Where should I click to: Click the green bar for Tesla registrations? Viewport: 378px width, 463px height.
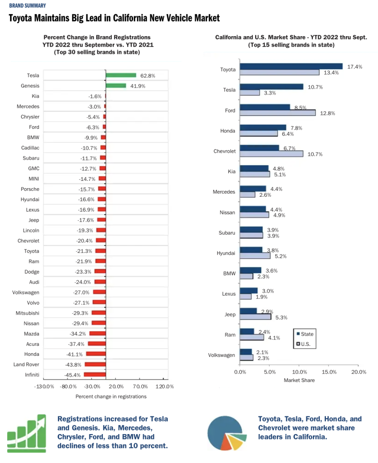pyautogui.click(x=121, y=76)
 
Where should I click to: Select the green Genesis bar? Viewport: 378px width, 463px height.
pyautogui.click(x=116, y=85)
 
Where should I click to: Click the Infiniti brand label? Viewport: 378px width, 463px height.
pyautogui.click(x=32, y=375)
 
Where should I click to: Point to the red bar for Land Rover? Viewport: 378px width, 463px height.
pyautogui.click(x=95, y=364)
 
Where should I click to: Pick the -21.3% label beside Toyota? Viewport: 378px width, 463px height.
pyautogui.click(x=84, y=251)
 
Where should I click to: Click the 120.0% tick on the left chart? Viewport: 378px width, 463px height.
pyautogui.click(x=165, y=387)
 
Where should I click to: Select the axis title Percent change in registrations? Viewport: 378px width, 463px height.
pyautogui.click(x=111, y=397)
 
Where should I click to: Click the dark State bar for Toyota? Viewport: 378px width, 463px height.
pyautogui.click(x=291, y=66)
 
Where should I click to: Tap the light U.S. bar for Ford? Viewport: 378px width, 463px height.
pyautogui.click(x=278, y=113)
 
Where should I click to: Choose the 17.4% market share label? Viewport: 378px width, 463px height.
pyautogui.click(x=354, y=66)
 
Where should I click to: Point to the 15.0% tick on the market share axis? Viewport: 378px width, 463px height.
pyautogui.click(x=329, y=372)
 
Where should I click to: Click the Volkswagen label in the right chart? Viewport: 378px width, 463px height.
pyautogui.click(x=221, y=355)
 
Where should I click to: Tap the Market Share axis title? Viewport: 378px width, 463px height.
pyautogui.click(x=299, y=380)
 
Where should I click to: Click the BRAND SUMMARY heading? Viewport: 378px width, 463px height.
pyautogui.click(x=27, y=6)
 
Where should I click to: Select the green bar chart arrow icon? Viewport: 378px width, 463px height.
pyautogui.click(x=27, y=433)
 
